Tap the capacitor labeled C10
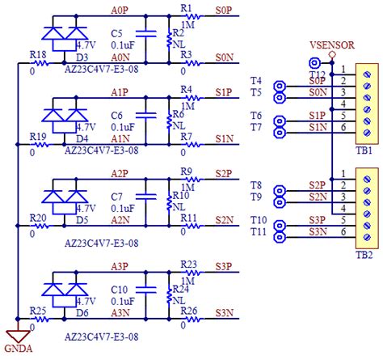click(x=146, y=288)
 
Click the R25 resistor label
click(x=37, y=311)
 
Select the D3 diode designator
click(x=82, y=57)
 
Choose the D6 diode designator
click(x=82, y=312)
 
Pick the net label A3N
click(x=118, y=312)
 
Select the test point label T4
click(x=256, y=81)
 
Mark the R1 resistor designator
click(x=187, y=8)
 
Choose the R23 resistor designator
click(x=189, y=264)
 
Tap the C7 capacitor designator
click(x=118, y=197)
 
